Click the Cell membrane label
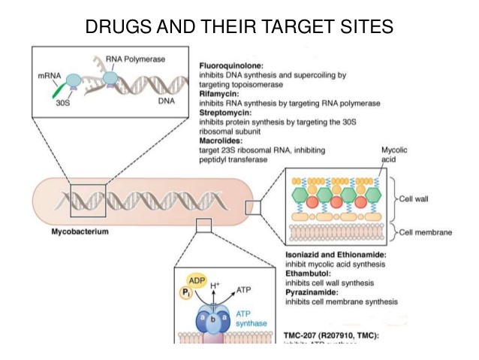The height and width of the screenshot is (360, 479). pyautogui.click(x=426, y=233)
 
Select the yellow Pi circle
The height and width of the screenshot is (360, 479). pyautogui.click(x=188, y=293)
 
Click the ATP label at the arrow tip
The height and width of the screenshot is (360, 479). pyautogui.click(x=245, y=289)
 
